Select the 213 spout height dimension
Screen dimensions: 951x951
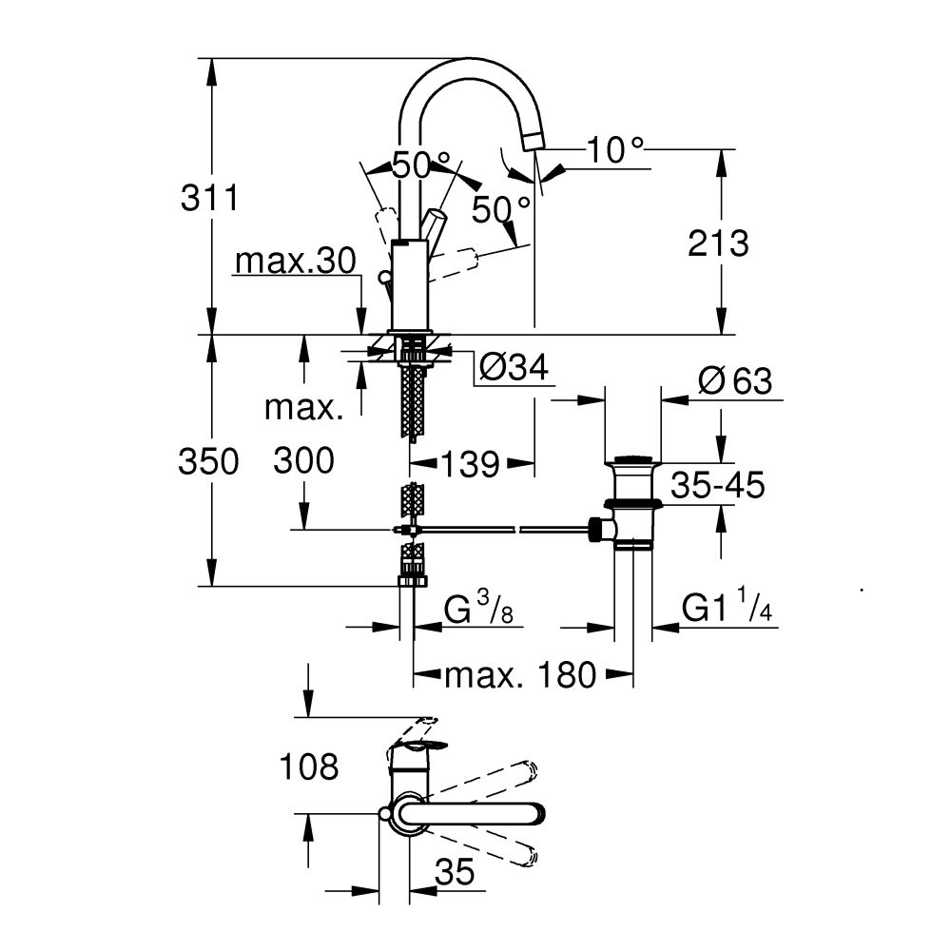pos(719,243)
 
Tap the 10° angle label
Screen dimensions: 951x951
pos(614,149)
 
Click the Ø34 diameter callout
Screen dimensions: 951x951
pos(514,367)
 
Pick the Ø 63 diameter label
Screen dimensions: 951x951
pos(734,381)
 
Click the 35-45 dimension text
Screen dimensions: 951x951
pos(717,485)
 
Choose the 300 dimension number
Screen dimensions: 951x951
pos(303,461)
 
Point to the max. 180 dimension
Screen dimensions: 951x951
pos(520,675)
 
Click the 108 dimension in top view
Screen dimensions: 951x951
pos(308,767)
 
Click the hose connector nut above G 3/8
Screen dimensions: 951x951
pos(413,577)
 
